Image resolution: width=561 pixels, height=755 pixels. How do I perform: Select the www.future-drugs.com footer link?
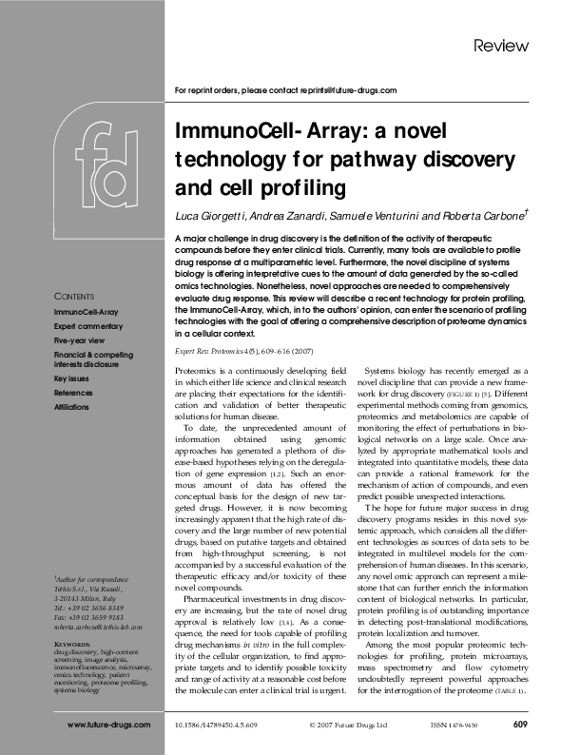pyautogui.click(x=108, y=726)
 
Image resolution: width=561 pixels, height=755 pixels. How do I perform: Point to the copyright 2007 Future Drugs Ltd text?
pyautogui.click(x=349, y=726)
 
